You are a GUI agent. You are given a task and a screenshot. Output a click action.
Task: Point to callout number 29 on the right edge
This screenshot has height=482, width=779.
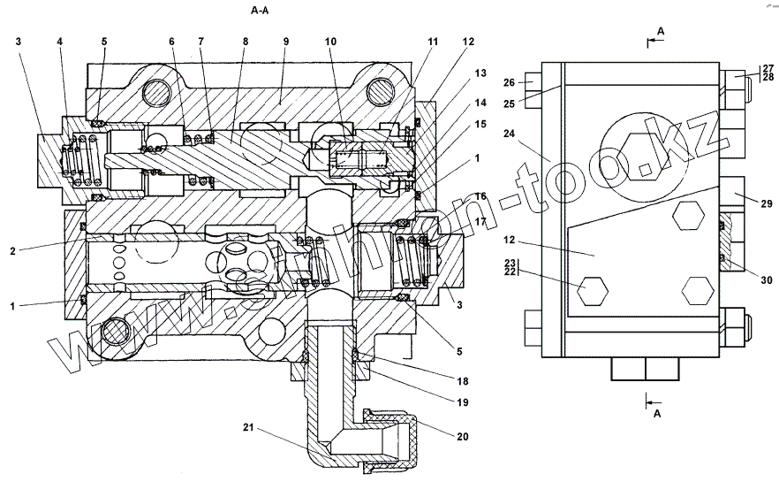(x=767, y=205)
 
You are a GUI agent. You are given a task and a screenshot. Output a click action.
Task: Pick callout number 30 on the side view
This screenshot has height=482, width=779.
(x=767, y=280)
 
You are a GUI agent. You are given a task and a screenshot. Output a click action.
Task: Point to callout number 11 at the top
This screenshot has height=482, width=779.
(x=434, y=42)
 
